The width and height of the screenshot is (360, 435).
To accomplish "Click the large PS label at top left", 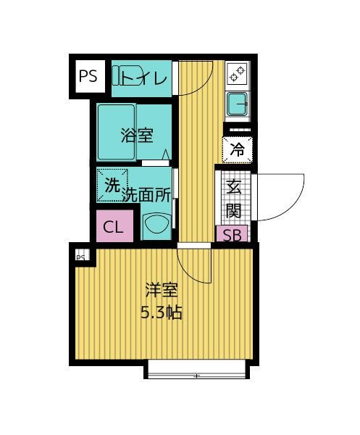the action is (88, 76).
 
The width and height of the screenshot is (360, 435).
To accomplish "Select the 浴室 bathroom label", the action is (137, 136).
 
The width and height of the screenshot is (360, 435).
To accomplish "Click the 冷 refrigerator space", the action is (238, 150).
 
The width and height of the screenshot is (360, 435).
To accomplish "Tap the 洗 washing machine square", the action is (112, 185).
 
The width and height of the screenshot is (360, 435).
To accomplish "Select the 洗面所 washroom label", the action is (146, 195).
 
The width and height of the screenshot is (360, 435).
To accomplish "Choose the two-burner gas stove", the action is (238, 73).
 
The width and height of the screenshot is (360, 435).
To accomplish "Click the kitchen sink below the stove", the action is (238, 104).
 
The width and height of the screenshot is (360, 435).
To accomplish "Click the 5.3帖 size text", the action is (162, 312).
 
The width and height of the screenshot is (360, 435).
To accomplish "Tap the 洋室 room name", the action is (162, 290).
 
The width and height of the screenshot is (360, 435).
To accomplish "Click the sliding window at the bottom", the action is (197, 369).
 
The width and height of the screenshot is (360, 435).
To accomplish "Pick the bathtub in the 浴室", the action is (117, 132).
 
